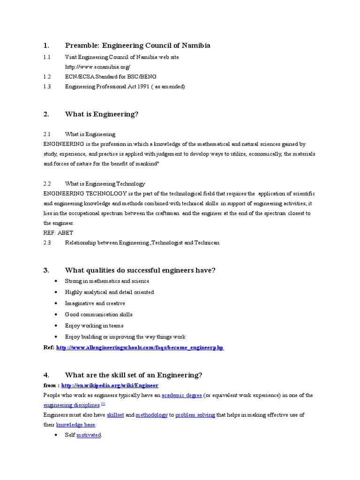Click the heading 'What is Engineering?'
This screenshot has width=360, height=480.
(102, 114)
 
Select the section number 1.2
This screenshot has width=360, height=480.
(47, 76)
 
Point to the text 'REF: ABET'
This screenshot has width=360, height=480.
(58, 232)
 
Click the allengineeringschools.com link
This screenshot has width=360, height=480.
(140, 348)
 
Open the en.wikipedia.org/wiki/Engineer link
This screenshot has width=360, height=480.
(110, 385)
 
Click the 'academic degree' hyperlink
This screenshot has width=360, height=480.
(181, 396)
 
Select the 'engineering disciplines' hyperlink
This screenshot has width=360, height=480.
(71, 405)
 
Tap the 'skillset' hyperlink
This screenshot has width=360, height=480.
(115, 415)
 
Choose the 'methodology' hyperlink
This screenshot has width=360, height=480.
(151, 415)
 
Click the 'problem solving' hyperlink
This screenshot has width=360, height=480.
(195, 415)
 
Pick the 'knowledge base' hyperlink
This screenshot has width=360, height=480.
(75, 425)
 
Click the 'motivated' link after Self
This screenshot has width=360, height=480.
(89, 435)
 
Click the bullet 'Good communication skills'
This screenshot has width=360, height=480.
(99, 315)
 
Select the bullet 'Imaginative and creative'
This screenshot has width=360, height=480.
(95, 303)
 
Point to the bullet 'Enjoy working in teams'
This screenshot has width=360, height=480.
(94, 326)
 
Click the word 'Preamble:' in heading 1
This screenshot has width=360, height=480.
(82, 45)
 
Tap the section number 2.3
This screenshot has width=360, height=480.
(47, 243)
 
